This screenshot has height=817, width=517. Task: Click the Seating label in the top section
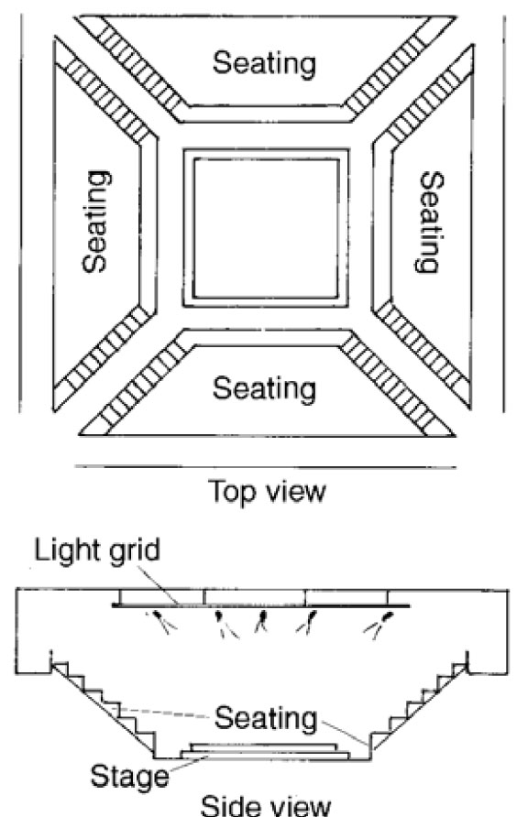(264, 63)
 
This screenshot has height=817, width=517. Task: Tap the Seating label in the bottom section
(264, 389)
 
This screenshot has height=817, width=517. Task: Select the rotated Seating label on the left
(96, 221)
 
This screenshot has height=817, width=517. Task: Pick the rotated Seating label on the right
(432, 222)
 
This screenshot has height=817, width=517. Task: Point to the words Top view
(267, 491)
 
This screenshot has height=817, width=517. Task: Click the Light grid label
(97, 550)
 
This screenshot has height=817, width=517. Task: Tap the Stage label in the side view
(130, 777)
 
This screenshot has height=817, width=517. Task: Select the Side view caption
(266, 804)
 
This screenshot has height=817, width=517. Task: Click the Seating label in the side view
(266, 718)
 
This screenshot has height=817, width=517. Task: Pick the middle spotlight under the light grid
(262, 623)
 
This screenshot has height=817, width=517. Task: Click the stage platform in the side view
(264, 751)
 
